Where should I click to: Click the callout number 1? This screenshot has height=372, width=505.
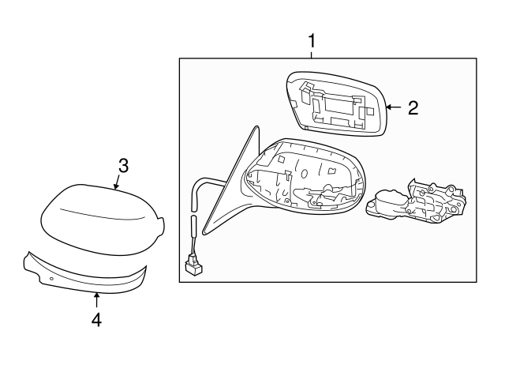pos(312,41)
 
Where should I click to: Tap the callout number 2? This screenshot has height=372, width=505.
pos(413,107)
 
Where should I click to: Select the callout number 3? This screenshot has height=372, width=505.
pos(123,166)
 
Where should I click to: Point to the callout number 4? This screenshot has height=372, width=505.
pos(96,320)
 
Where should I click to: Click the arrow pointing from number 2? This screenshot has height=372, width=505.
pos(394,107)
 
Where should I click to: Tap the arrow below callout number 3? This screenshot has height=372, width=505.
pos(117,182)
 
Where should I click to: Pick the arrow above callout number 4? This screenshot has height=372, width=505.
pos(96,300)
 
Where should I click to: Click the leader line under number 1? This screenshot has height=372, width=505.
pos(312,54)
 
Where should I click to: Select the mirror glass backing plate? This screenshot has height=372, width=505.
pos(336,103)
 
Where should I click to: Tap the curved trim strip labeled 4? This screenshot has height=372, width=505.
pos(84,276)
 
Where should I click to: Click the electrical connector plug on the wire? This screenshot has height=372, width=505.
pos(193,263)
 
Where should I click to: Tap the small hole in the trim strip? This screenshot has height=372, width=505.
pos(51,279)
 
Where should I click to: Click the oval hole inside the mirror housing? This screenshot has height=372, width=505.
pos(304,174)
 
